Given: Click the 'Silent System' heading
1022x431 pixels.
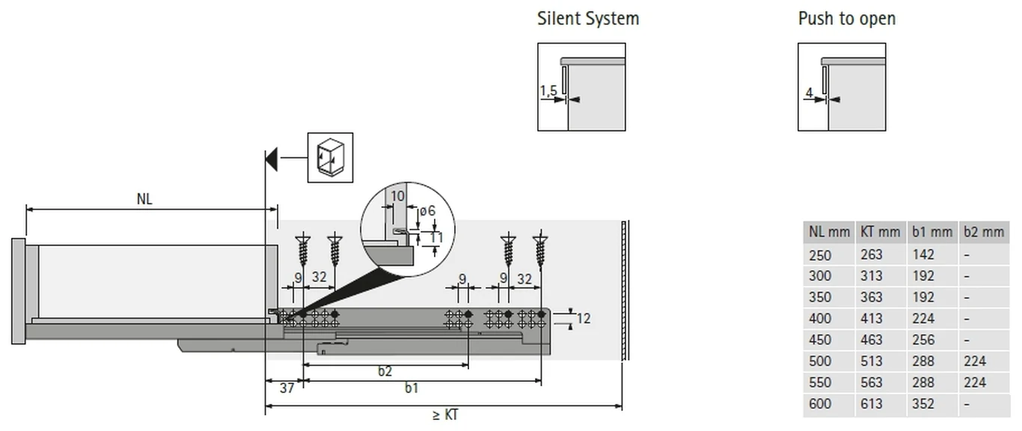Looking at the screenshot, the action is (x=587, y=19).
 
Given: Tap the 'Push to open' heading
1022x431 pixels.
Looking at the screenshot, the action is (x=847, y=19).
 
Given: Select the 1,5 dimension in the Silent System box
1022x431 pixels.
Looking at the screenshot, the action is (x=548, y=91).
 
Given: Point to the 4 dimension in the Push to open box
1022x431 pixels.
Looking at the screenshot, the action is (x=809, y=93).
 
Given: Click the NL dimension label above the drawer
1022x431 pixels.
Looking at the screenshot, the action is (x=144, y=199).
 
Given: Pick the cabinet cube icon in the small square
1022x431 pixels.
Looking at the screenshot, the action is (x=331, y=158).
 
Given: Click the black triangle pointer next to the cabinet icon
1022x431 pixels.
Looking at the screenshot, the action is (x=272, y=159).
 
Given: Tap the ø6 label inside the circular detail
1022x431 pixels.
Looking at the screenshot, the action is (x=427, y=211).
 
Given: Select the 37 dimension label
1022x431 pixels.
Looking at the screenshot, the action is (x=287, y=388).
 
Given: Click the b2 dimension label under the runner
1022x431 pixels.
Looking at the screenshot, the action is (x=385, y=371).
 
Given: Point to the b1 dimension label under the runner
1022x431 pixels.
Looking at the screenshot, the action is (x=411, y=388).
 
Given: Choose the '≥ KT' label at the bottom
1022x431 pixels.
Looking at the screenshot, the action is (x=445, y=415).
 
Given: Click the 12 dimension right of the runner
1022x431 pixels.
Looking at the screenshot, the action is (x=584, y=318).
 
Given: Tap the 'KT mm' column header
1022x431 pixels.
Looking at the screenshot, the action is (x=880, y=232).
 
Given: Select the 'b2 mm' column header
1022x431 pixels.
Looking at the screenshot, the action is (x=984, y=232).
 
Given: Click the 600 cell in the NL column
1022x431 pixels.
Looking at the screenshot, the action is (x=820, y=403).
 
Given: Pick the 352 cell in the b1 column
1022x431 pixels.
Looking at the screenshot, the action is (x=923, y=403).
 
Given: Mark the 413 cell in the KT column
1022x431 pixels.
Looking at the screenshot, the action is (x=872, y=318).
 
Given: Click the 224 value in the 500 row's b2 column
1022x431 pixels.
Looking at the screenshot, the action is (x=975, y=361).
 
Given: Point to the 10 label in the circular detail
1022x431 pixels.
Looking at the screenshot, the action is (x=397, y=196).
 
